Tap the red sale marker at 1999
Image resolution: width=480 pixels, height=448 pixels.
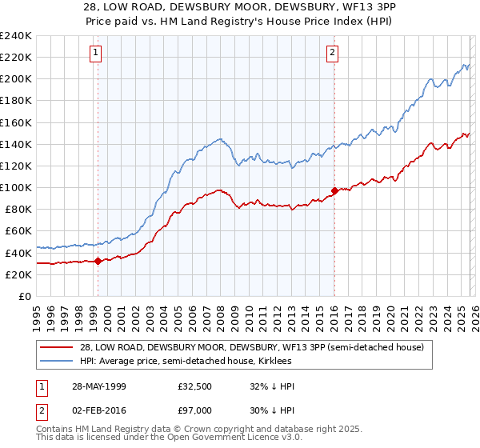[x=98, y=261]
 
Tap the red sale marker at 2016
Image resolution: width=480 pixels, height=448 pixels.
[x=334, y=190]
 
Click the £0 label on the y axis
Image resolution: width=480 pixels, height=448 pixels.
[x=24, y=296]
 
